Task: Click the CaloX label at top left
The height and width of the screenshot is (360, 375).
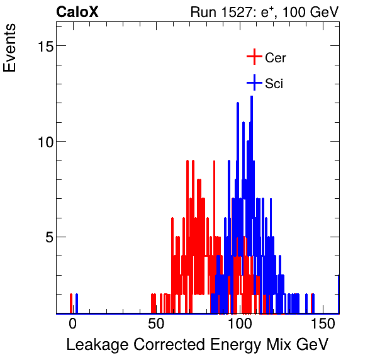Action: pyautogui.click(x=77, y=12)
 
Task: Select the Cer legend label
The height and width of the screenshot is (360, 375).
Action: pyautogui.click(x=276, y=58)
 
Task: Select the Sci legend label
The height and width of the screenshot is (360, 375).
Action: pyautogui.click(x=274, y=84)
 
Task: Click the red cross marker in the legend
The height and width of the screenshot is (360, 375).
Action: pyautogui.click(x=254, y=57)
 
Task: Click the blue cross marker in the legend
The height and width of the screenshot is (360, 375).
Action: pyautogui.click(x=254, y=83)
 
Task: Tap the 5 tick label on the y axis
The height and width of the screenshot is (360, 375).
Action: pyautogui.click(x=46, y=237)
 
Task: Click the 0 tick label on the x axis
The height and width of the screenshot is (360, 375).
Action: pyautogui.click(x=72, y=324)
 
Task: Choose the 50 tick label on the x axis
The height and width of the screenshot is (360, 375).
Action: pyautogui.click(x=156, y=324)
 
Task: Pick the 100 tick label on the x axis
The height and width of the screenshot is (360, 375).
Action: pyautogui.click(x=240, y=324)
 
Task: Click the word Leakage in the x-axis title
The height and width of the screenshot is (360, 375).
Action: pyautogui.click(x=93, y=345)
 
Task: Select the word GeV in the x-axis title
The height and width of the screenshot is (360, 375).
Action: pyautogui.click(x=313, y=345)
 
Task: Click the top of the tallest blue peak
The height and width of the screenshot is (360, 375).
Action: pyautogui.click(x=252, y=96)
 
